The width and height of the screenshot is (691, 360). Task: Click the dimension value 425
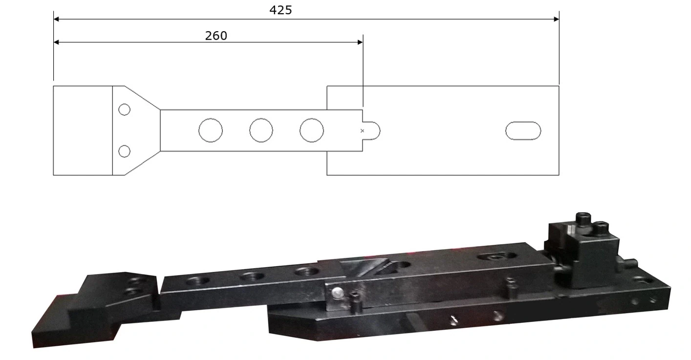pos(281,10)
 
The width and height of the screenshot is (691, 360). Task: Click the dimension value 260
pos(216,36)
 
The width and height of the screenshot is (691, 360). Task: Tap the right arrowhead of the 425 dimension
pos(556,20)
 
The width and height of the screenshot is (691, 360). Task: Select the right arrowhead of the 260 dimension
pos(360,42)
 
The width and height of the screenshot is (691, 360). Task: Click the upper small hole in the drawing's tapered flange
pos(125,109)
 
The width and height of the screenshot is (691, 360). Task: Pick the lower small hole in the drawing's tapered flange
pos(125,151)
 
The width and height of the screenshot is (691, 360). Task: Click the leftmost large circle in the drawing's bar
pos(211,130)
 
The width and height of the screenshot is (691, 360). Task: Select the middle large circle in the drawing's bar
pos(261,130)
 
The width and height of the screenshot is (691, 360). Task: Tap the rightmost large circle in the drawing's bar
pos(312,130)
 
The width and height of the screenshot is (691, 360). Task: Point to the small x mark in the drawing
pos(362,130)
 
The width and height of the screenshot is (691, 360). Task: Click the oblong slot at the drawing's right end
pos(523,131)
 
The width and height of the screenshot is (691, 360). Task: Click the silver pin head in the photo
pos(337,293)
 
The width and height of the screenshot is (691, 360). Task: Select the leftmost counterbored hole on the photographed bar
pos(197,281)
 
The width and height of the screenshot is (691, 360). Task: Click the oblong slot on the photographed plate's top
pos(497,256)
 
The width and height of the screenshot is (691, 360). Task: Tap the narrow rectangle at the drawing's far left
pos(83,130)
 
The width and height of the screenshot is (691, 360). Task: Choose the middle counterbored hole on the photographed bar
pos(252,276)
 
